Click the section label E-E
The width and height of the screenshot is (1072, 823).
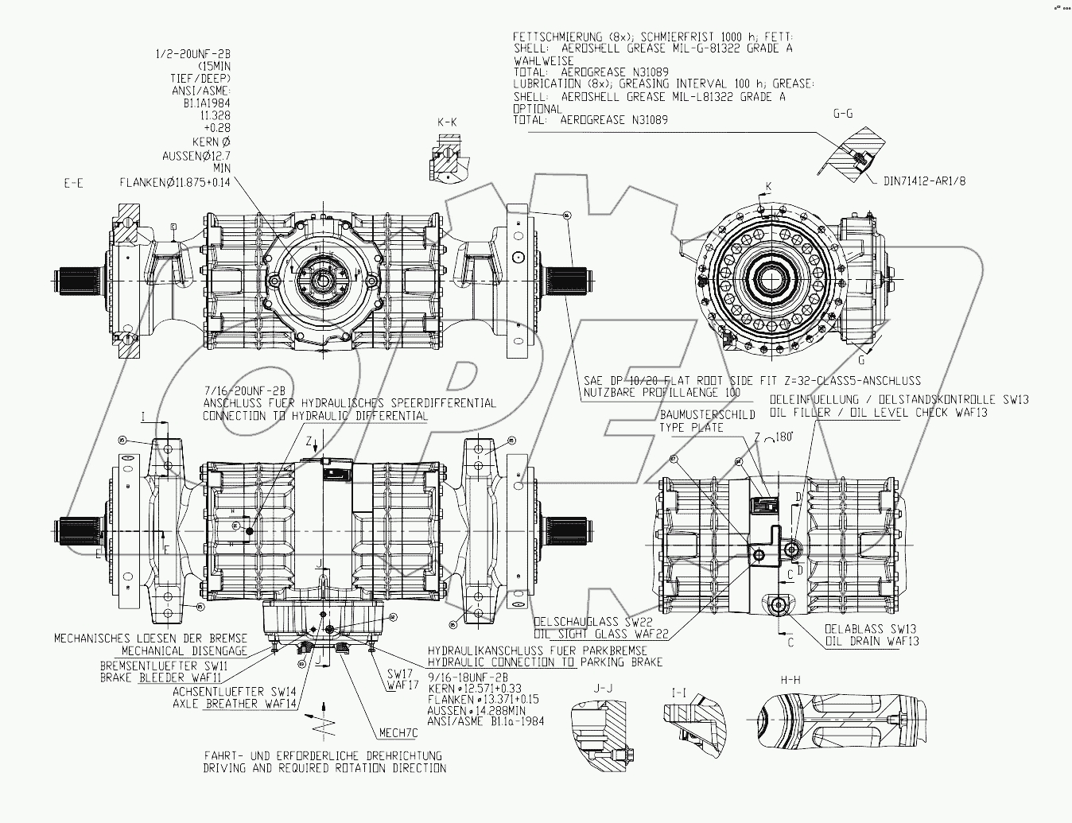pos(73,183)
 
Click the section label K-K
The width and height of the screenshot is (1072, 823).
pos(447,122)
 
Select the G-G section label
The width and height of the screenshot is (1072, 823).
pos(842,114)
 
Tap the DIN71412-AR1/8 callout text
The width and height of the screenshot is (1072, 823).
pos(925,181)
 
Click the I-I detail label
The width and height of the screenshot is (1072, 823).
pos(679,693)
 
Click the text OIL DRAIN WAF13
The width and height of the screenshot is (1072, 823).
pos(871,641)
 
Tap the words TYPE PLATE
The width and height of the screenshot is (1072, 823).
pos(690,428)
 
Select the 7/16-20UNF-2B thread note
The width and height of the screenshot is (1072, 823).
pos(244,390)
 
